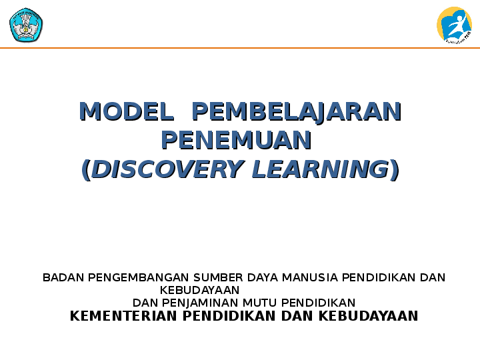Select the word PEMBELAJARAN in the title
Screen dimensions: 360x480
pos(296,111)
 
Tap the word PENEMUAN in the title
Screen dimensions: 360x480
pos(237,141)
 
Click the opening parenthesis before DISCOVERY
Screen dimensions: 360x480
pos(85,170)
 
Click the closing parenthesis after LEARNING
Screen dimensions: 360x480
pos(395,170)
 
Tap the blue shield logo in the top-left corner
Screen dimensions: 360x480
pos(25,25)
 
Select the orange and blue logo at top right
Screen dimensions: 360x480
pos(454,25)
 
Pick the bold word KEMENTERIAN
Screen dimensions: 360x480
pos(124,316)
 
